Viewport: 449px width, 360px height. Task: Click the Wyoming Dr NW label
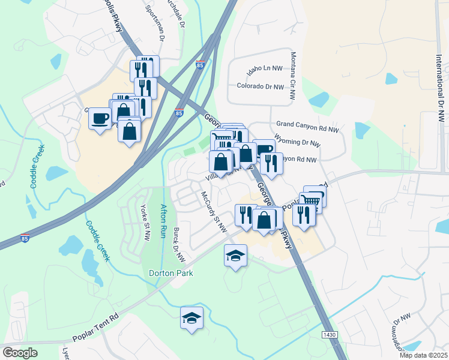(298, 143)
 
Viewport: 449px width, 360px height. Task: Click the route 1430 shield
(329, 334)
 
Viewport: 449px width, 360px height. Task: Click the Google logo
(20, 352)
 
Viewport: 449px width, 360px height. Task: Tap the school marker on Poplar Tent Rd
(236, 256)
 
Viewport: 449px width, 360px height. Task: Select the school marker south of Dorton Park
(192, 318)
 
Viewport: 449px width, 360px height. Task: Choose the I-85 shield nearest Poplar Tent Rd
(25, 238)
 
